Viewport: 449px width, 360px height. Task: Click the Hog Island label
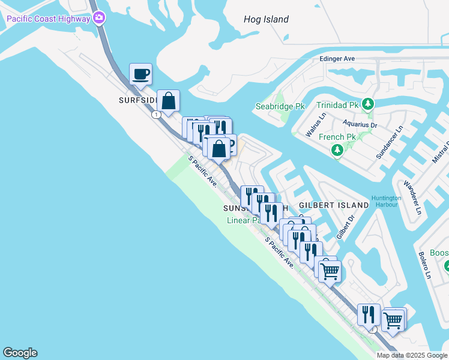pyautogui.click(x=266, y=19)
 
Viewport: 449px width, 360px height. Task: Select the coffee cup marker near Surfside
pyautogui.click(x=140, y=74)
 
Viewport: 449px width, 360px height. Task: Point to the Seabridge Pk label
pyautogui.click(x=280, y=106)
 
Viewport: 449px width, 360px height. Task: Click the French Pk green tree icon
pyautogui.click(x=337, y=149)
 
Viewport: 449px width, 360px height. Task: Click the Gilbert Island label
pyautogui.click(x=334, y=205)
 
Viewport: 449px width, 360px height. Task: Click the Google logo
pyautogui.click(x=20, y=353)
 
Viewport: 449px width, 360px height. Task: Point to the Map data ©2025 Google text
pyautogui.click(x=411, y=355)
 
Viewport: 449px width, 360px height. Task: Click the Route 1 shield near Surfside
pyautogui.click(x=156, y=115)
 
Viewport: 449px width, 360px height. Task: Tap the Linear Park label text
pyautogui.click(x=243, y=220)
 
